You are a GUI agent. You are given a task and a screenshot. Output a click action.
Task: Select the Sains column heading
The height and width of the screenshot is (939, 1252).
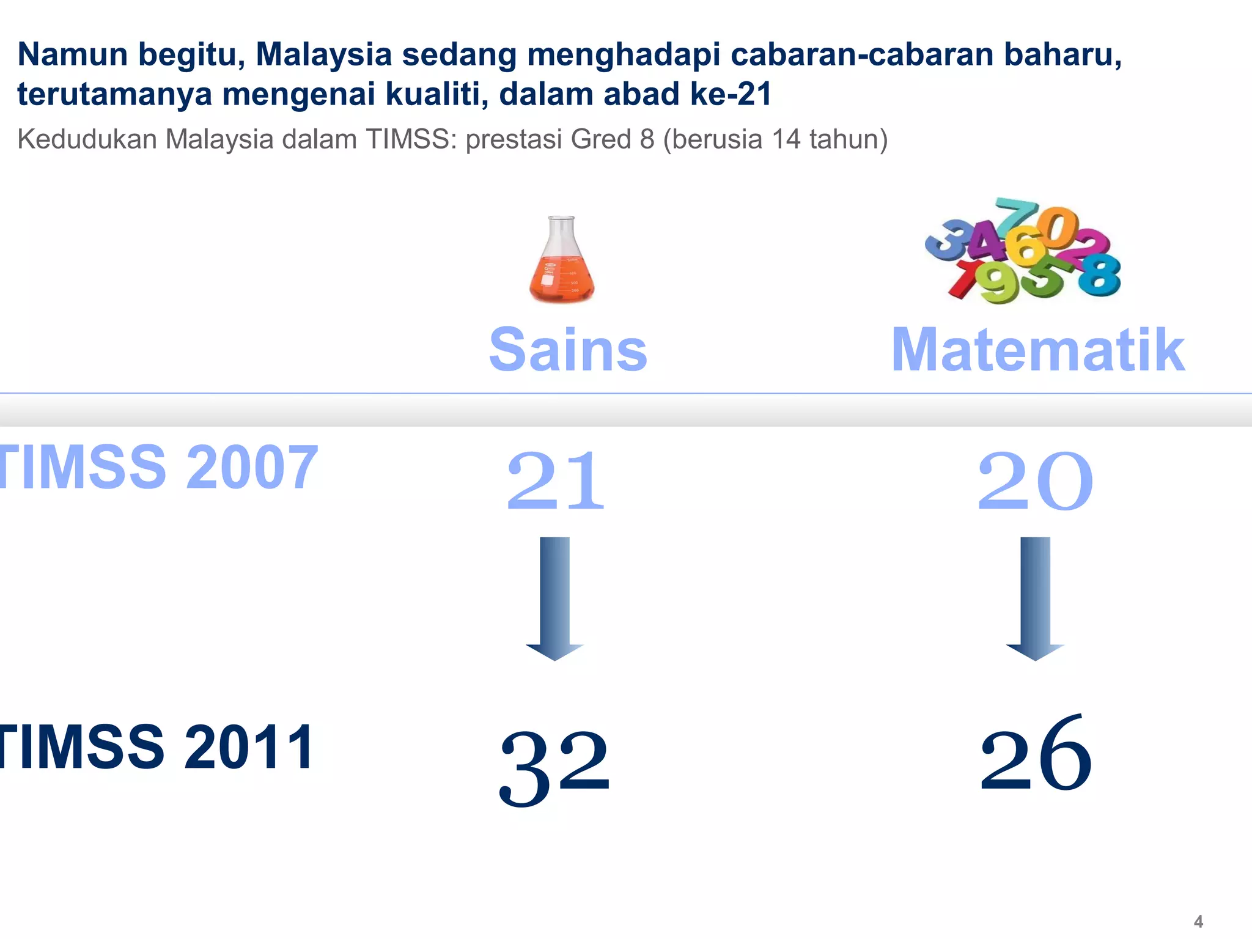[568, 350]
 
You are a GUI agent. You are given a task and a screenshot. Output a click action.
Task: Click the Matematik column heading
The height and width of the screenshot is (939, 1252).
[1038, 350]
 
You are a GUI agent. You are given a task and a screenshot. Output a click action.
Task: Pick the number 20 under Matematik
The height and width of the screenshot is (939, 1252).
[1034, 481]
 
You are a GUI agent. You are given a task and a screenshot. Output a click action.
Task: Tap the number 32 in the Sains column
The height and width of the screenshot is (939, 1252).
[554, 767]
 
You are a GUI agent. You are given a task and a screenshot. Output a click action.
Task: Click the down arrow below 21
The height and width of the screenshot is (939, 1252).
[554, 598]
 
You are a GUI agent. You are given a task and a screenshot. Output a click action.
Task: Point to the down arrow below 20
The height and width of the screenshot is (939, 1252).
[1035, 598]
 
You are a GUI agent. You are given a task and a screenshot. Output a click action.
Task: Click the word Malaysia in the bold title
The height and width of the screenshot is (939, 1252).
[323, 55]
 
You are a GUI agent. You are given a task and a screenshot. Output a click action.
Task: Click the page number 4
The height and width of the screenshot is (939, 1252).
[1198, 921]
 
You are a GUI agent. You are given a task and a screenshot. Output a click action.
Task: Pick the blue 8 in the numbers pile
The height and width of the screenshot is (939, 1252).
[1099, 275]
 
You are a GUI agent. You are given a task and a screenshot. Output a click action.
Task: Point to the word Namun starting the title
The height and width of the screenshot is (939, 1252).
[73, 55]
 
